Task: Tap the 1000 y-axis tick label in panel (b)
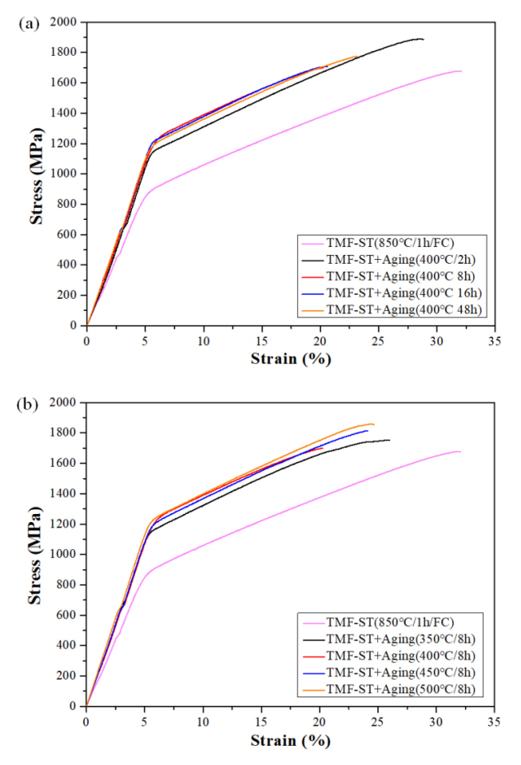(x=63, y=555)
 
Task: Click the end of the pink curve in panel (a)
(x=461, y=71)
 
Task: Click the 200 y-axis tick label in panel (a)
(x=67, y=295)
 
